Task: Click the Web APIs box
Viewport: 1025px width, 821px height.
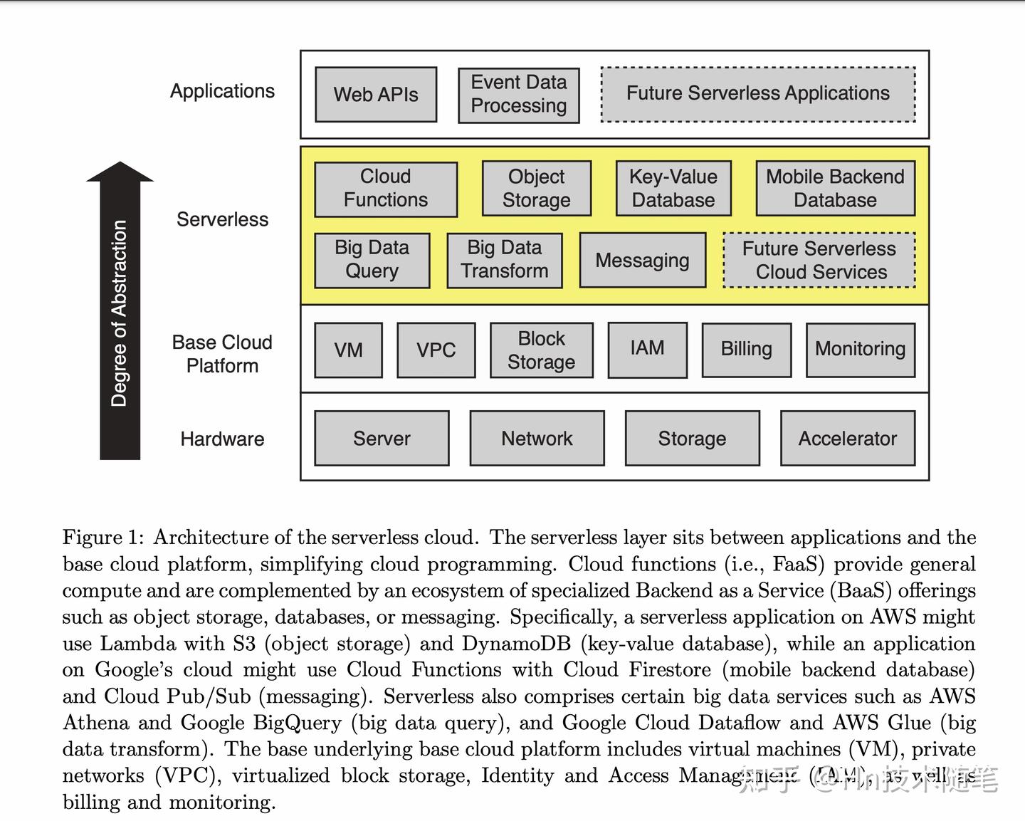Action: [x=376, y=95]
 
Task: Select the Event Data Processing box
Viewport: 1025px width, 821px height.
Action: [x=518, y=95]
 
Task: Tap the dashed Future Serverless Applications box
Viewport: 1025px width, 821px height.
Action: [x=758, y=94]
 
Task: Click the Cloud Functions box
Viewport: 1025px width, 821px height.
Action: [x=386, y=189]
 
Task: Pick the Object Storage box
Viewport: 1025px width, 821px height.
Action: [x=536, y=189]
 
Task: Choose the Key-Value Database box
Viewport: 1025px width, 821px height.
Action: [x=673, y=189]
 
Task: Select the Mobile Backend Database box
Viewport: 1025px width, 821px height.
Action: [x=835, y=189]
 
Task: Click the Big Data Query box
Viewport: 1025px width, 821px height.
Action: [x=372, y=260]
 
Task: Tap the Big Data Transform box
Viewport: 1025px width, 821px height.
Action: [x=505, y=260]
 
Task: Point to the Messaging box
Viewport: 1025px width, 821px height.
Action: [x=643, y=261]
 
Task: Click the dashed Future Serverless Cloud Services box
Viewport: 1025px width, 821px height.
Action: [x=819, y=261]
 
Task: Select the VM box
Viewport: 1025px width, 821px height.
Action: [x=348, y=350]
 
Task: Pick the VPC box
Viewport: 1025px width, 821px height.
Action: [x=436, y=350]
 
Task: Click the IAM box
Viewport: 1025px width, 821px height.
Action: [x=647, y=349]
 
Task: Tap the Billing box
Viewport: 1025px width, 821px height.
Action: [x=746, y=349]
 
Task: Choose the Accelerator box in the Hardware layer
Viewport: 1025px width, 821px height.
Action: [x=847, y=439]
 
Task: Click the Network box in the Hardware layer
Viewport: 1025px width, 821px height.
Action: [x=537, y=439]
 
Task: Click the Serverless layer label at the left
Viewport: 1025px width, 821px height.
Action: [x=222, y=219]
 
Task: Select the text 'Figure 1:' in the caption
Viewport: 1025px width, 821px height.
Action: [x=102, y=538]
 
